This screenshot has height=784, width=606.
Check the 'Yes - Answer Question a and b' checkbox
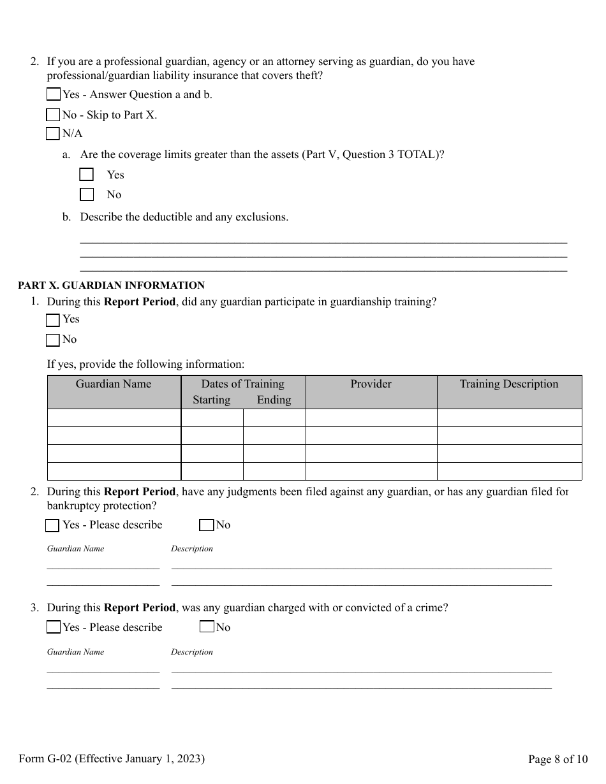coord(54,94)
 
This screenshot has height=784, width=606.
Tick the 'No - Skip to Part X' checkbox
coord(54,115)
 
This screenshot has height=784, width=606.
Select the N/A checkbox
coord(54,134)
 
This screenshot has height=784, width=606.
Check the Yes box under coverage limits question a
coord(87,175)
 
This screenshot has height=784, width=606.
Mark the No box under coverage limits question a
coord(87,194)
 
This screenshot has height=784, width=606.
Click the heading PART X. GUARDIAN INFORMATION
coord(112,286)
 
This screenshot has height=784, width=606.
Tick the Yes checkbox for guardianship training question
coord(54,319)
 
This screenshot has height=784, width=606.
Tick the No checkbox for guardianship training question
coord(54,340)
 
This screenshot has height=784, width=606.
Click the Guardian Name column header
coord(114,384)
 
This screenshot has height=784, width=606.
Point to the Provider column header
coord(371,384)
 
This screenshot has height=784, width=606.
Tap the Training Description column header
coord(508,384)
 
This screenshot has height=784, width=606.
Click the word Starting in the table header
coord(211,400)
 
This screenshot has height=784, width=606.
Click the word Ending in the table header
coord(274,400)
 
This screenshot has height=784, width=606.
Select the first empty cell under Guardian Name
coord(114,418)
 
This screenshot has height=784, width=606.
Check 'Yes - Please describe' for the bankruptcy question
coord(53,525)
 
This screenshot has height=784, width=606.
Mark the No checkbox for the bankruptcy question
coord(206,525)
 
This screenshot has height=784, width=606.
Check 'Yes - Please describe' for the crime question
coord(54,627)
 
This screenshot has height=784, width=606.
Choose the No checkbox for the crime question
coord(207,627)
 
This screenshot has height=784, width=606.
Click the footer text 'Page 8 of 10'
coord(558,759)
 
